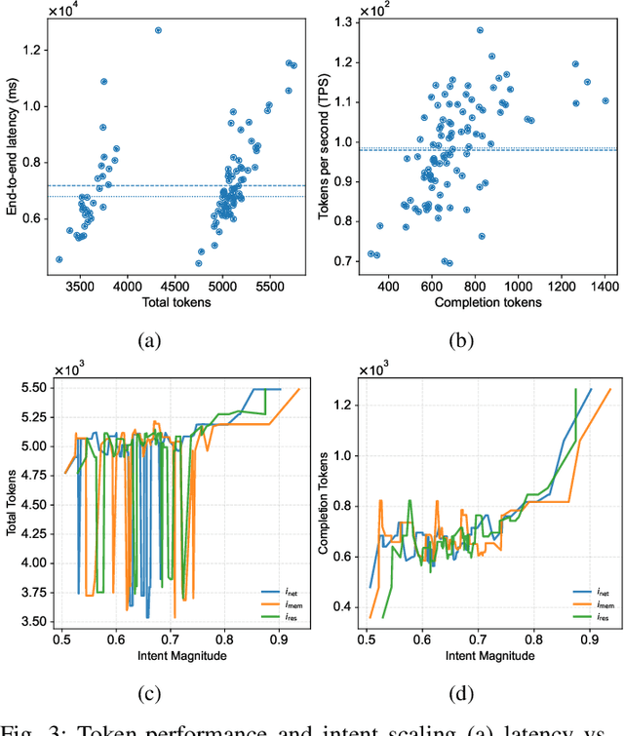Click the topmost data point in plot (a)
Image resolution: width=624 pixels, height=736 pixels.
click(x=158, y=30)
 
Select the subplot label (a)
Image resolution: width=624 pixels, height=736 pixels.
click(x=148, y=338)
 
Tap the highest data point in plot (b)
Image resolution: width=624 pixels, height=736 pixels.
click(x=480, y=30)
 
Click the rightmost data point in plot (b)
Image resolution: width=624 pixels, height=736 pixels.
click(x=604, y=99)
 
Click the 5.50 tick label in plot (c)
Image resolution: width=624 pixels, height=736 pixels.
click(x=36, y=388)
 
